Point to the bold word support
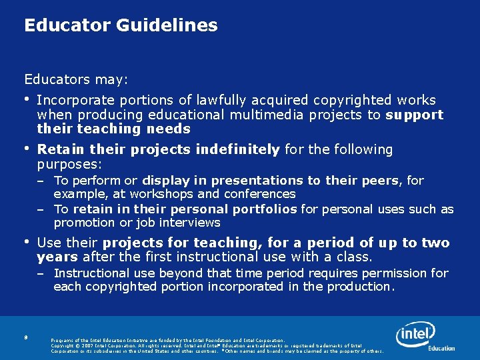(415, 115)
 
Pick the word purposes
(68, 163)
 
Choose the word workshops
(163, 194)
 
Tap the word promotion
(84, 223)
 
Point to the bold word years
(57, 257)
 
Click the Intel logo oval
(415, 334)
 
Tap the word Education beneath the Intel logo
(441, 348)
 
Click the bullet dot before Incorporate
(27, 100)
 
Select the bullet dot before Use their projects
(27, 242)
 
